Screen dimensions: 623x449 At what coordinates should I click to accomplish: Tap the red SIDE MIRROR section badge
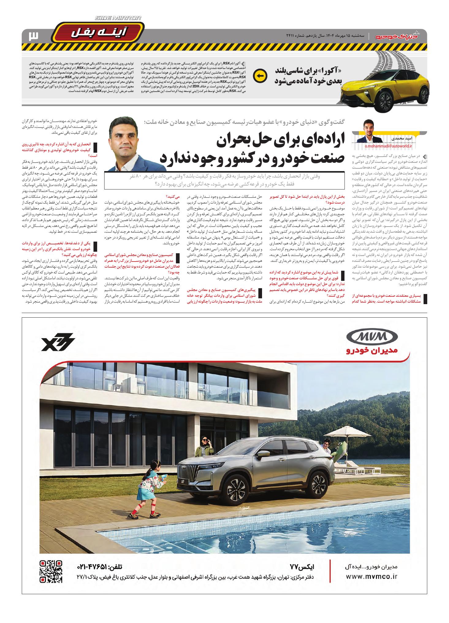97,33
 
